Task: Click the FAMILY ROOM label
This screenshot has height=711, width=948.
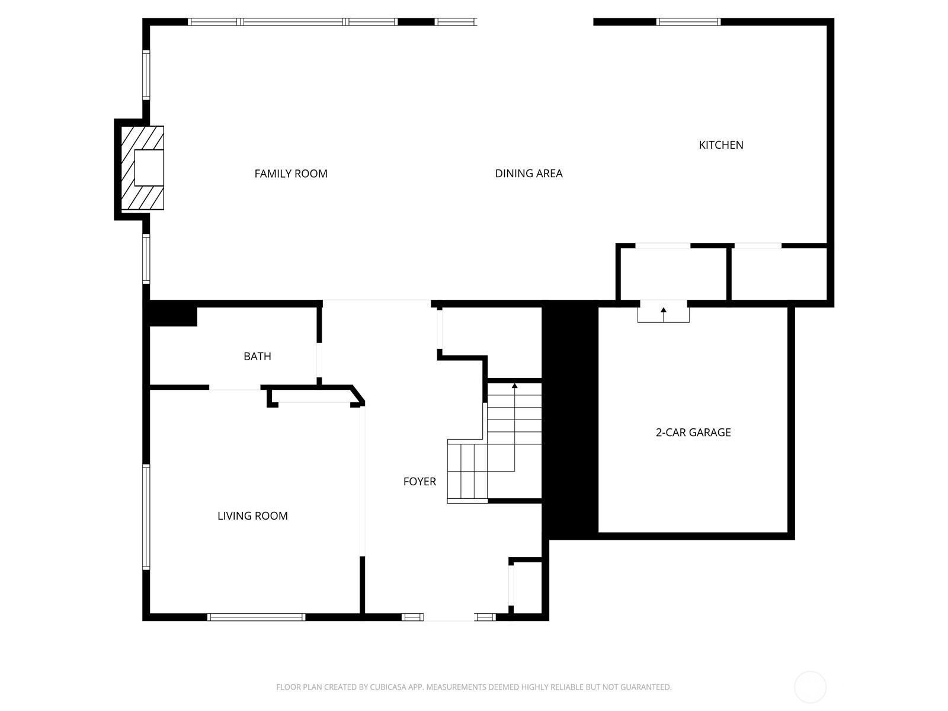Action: coord(290,174)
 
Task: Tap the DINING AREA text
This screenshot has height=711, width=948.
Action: coord(529,174)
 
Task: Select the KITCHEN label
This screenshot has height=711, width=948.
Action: coord(720,145)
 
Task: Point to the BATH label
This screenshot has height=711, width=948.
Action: coord(257,356)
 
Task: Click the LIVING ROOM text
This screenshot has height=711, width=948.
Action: coord(252,516)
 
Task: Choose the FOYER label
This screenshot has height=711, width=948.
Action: coord(419,482)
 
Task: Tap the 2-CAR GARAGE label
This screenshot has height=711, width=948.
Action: coord(693,433)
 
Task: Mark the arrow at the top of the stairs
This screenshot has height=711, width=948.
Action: coord(514,386)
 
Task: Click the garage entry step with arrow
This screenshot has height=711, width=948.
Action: coord(663,312)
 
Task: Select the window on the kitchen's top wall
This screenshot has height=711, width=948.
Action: coord(688,22)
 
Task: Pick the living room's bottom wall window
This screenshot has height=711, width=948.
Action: coord(256,617)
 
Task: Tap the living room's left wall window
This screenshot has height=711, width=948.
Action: coord(146,517)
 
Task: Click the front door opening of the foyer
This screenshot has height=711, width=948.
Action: coord(449,617)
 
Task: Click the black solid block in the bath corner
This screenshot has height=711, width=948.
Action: coord(172,314)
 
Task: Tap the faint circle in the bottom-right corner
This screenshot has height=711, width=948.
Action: coord(809,687)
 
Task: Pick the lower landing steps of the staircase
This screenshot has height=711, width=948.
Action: coord(467,471)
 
